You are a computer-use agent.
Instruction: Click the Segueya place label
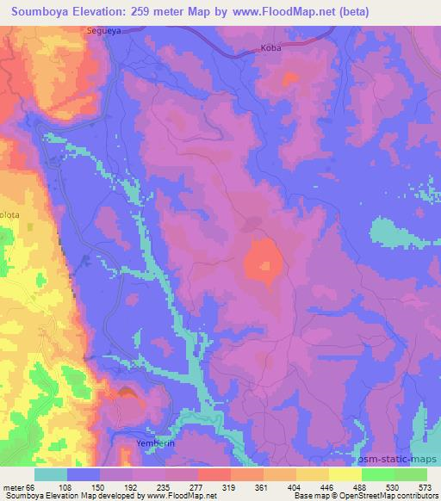102,31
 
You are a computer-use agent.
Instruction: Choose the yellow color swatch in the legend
345,473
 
